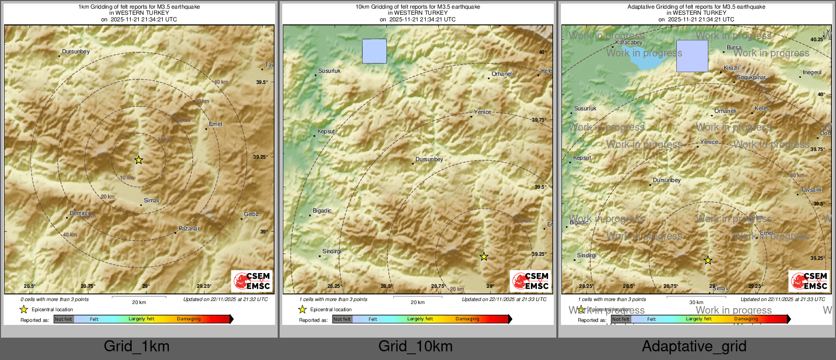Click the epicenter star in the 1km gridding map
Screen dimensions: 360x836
pos(138,160)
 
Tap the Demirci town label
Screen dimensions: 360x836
pos(79,214)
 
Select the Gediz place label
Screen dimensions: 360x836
pos(252,215)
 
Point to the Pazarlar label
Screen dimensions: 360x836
pos(189,229)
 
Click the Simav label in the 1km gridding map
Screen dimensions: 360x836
pos(152,201)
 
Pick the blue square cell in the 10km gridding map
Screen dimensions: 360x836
pos(374,51)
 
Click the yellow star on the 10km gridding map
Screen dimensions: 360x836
pos(484,257)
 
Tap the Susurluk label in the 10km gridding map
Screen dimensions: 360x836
pos(330,71)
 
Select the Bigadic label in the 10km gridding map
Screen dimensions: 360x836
pos(322,211)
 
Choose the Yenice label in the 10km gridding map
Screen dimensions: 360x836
pos(483,112)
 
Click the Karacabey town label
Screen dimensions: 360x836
pos(629,43)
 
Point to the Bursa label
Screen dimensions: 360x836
pos(734,48)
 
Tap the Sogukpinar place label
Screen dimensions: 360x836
pos(751,78)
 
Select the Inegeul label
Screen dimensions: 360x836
pos(812,73)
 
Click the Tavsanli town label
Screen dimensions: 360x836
pos(811,190)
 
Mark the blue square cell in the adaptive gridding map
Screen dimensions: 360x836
pos(692,56)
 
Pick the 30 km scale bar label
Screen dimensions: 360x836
pos(696,303)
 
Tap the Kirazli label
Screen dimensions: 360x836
pos(731,68)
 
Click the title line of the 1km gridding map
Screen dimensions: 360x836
pos(139,7)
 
